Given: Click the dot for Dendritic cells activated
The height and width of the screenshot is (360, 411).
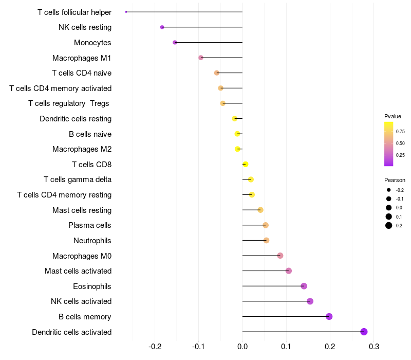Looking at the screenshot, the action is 364,332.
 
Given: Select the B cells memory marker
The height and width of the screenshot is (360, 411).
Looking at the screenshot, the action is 329,316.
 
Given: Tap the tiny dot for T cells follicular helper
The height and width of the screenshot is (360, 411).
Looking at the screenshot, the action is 126,12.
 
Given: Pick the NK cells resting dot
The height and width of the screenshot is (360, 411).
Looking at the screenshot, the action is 162,27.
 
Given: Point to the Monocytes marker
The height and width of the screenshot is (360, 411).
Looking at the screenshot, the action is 175,42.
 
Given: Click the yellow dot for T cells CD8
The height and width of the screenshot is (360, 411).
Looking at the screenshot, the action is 246,164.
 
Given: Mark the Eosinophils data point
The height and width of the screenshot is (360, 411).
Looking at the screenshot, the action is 304,286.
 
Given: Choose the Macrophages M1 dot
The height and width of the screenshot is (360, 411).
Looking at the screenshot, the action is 201,58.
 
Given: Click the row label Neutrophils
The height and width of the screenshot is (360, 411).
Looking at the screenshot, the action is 92,241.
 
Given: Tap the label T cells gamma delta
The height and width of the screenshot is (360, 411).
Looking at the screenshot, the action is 78,179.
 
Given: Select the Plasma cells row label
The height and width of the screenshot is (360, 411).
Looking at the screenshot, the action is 89,225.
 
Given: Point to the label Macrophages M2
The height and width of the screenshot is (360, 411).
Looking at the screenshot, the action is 82,149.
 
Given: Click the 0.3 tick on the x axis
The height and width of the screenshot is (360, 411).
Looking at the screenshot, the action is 374,347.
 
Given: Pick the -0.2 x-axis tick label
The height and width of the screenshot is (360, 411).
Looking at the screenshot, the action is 155,347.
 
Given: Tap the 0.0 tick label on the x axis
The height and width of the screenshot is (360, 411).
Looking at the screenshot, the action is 242,347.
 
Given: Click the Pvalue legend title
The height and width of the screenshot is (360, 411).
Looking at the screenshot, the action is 393,116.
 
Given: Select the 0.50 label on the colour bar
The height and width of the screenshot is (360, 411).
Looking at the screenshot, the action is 400,143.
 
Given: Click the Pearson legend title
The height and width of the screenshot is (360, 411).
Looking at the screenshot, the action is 395,180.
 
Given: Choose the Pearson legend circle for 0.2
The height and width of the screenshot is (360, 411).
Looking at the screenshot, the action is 389,225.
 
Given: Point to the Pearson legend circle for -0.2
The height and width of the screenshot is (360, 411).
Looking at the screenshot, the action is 389,190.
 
